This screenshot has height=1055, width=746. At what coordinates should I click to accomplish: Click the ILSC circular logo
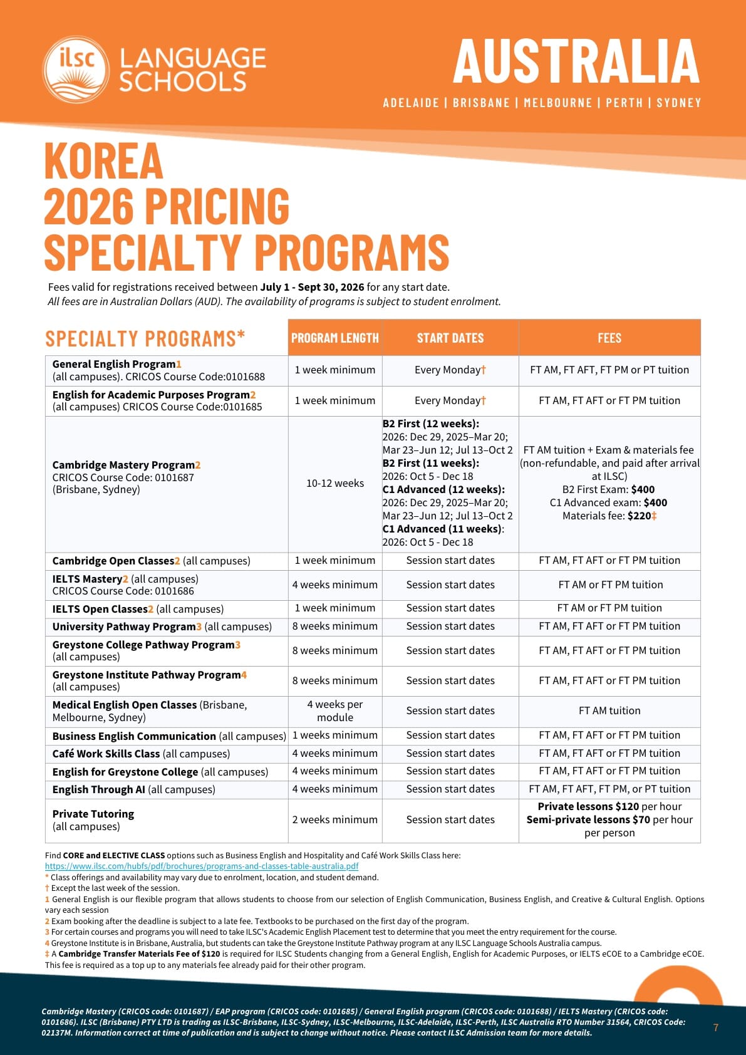[76, 70]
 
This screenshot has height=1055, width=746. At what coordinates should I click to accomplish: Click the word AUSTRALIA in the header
[576, 61]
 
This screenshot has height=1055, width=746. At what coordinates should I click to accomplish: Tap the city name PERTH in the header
[624, 103]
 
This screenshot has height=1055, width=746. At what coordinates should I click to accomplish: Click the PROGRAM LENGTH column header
[335, 338]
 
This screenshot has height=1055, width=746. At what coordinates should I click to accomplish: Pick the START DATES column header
[450, 338]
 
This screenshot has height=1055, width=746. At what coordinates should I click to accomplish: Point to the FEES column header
[609, 338]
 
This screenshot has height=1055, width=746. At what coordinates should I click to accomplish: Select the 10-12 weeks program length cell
[335, 483]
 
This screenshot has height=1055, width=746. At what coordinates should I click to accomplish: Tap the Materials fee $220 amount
[609, 516]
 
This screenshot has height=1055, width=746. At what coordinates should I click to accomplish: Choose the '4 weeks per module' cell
[335, 710]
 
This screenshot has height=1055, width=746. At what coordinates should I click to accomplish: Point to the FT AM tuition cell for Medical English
[609, 710]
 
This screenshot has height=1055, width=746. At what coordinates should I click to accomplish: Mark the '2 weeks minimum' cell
[335, 819]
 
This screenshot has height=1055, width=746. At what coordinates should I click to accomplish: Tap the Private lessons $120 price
[588, 806]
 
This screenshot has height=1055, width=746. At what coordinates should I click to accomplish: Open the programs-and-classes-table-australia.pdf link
[202, 866]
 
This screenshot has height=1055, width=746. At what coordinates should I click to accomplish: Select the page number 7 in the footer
[716, 1027]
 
